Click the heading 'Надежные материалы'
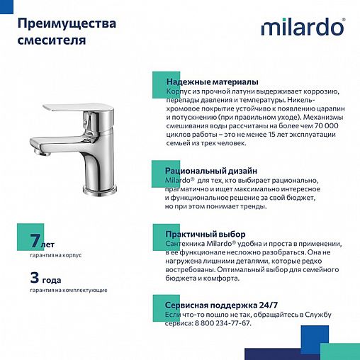tap(211, 82)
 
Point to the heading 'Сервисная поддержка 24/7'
tap(217, 304)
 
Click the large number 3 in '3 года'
tap(34, 275)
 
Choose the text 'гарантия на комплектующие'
tap(69, 291)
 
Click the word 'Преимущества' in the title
tap(66, 24)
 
